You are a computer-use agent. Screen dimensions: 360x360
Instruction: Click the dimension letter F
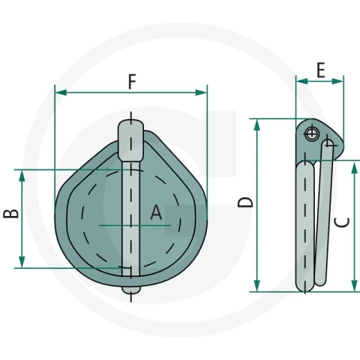tap(132, 82)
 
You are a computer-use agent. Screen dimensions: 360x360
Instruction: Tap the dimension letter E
tap(321, 70)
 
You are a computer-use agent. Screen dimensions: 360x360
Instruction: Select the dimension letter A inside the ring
tap(156, 212)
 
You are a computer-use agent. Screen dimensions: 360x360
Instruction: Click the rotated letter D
tap(245, 202)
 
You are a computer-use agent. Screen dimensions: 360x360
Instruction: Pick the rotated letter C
tap(342, 222)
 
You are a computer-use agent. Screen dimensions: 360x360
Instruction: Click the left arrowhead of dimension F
tap(61, 92)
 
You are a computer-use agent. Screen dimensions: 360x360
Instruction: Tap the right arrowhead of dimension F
tap(201, 92)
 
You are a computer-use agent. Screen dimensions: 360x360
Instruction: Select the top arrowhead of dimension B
tap(22, 176)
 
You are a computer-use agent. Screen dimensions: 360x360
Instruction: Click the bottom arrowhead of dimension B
tap(22, 262)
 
